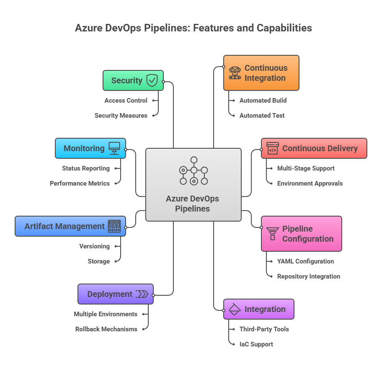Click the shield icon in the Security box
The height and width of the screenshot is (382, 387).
pyautogui.click(x=152, y=80)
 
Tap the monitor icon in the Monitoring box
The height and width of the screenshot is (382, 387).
pyautogui.click(x=114, y=148)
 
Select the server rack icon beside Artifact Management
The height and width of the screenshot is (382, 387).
pyautogui.click(x=114, y=226)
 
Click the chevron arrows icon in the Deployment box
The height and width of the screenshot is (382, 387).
pyautogui.click(x=142, y=294)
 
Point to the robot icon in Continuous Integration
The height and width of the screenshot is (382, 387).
pyautogui.click(x=235, y=73)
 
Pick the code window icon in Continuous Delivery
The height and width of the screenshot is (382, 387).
pyautogui.click(x=273, y=148)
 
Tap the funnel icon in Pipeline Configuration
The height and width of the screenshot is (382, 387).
pyautogui.click(x=273, y=233)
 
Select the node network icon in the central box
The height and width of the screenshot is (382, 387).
pyautogui.click(x=193, y=170)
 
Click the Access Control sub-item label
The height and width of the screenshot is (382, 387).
pyautogui.click(x=126, y=101)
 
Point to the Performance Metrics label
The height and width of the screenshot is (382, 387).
pyautogui.click(x=80, y=183)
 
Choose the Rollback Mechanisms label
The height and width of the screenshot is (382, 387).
pyautogui.click(x=106, y=329)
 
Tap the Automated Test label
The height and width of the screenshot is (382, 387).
pyautogui.click(x=262, y=116)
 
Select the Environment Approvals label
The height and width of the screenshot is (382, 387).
pyautogui.click(x=310, y=183)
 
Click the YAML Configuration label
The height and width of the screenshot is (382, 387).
pyautogui.click(x=305, y=261)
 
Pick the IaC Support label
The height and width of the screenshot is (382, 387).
pyautogui.click(x=256, y=344)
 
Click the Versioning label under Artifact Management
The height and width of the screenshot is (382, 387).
pyautogui.click(x=94, y=246)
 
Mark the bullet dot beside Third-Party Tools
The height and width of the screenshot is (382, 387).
pyautogui.click(x=233, y=329)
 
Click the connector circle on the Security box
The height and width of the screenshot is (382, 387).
pyautogui.click(x=163, y=82)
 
